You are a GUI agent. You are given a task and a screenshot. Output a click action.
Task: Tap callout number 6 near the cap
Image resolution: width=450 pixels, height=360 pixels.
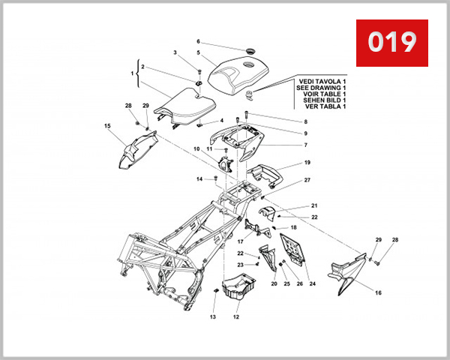point(198,41)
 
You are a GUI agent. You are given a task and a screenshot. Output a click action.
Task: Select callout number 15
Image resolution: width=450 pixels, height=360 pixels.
point(107,126)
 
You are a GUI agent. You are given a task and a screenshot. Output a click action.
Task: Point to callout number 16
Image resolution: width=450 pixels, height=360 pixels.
point(378,292)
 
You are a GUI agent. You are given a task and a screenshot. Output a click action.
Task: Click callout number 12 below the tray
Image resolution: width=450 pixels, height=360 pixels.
point(235,317)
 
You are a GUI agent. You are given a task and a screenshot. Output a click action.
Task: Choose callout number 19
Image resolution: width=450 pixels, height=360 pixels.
point(307,163)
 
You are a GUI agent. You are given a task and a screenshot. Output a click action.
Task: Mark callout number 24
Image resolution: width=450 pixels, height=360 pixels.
point(312,284)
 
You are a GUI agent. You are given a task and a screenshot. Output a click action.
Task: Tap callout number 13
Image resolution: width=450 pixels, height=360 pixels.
point(212,317)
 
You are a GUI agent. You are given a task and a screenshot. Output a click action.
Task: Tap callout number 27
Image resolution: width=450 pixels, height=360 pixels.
point(307,181)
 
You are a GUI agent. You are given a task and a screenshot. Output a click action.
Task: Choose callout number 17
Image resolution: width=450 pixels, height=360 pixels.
point(241,241)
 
